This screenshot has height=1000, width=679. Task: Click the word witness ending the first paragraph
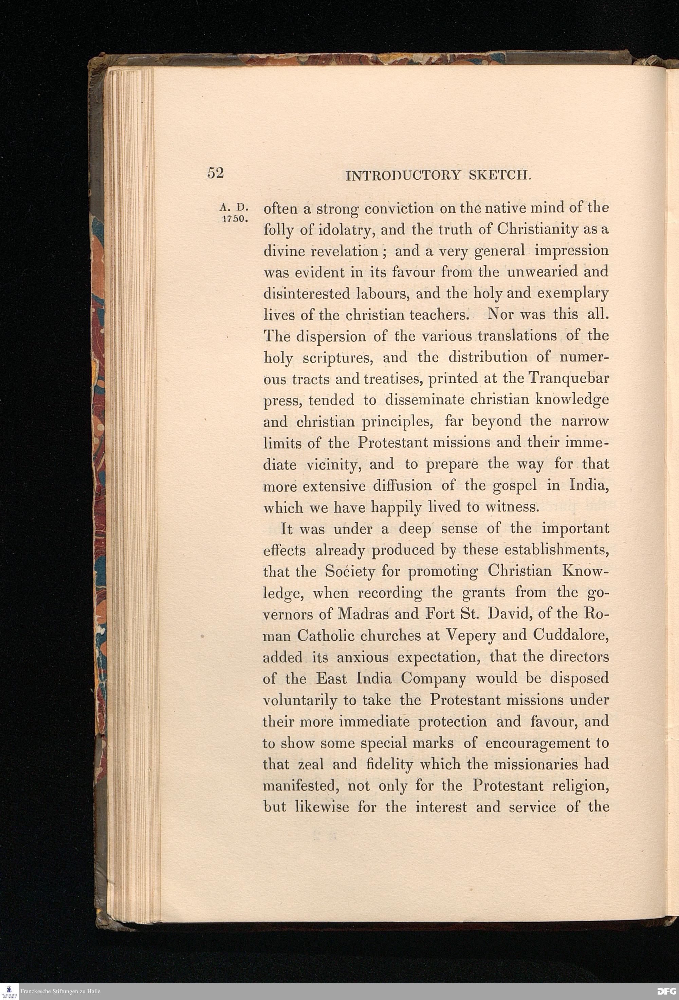coord(512,507)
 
